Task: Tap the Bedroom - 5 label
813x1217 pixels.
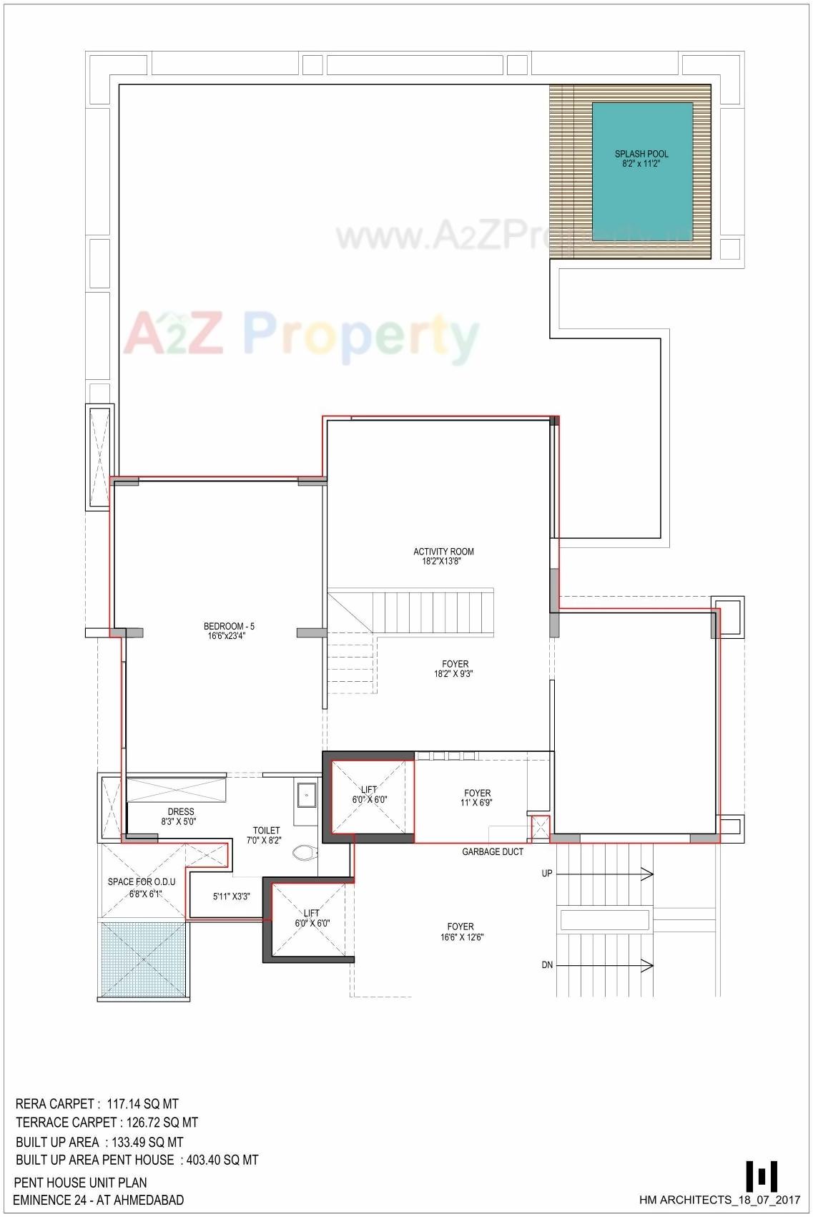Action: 229,626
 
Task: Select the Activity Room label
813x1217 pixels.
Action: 443,552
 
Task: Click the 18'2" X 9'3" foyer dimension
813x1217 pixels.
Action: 455,674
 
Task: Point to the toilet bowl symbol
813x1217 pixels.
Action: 305,853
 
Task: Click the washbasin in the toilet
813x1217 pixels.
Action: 307,794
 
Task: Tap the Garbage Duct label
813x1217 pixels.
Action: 493,851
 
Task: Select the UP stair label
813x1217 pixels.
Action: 547,873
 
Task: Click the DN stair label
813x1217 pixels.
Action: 547,965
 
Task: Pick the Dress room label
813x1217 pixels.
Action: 181,811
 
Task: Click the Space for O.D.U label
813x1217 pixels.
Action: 142,881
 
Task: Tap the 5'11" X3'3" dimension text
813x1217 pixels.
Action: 232,896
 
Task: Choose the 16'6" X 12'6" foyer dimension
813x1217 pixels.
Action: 462,937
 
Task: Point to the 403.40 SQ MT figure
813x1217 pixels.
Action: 222,1160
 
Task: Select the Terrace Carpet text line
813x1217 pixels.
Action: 107,1123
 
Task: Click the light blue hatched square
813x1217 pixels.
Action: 144,961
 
